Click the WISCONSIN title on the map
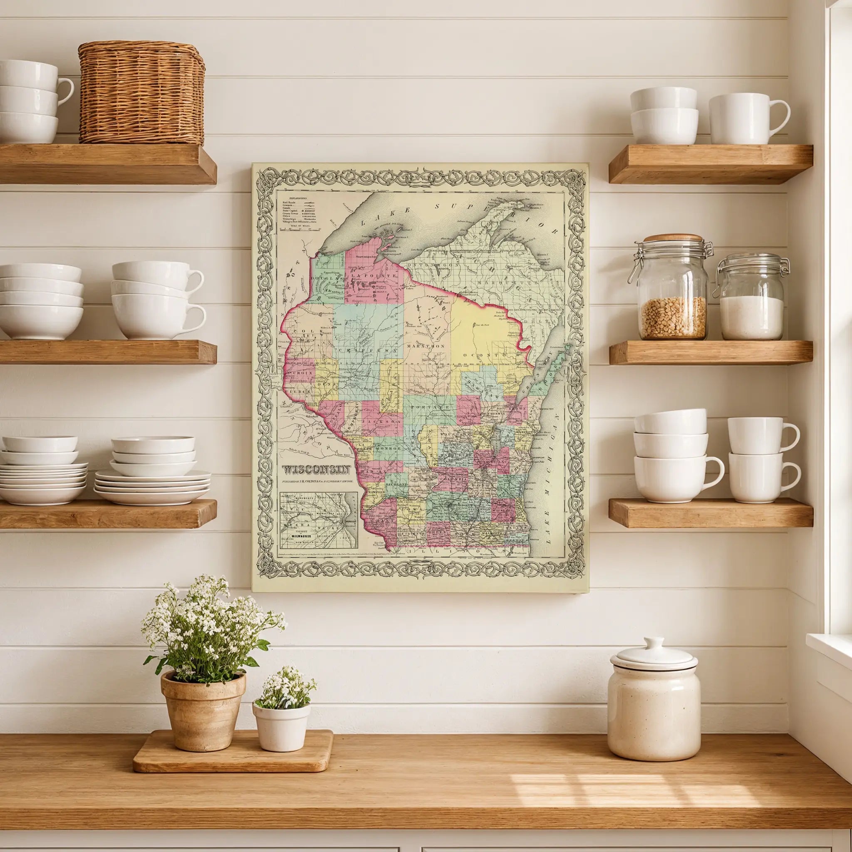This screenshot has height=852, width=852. [x=317, y=469]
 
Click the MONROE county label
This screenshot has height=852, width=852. [x=389, y=448]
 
